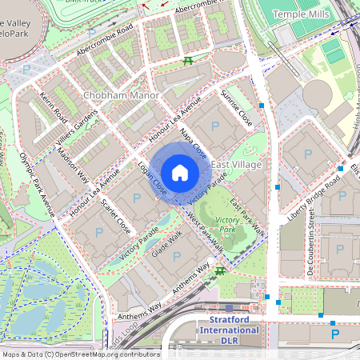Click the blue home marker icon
(180, 172)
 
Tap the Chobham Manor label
(122, 96)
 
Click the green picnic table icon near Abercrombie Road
(188, 61)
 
